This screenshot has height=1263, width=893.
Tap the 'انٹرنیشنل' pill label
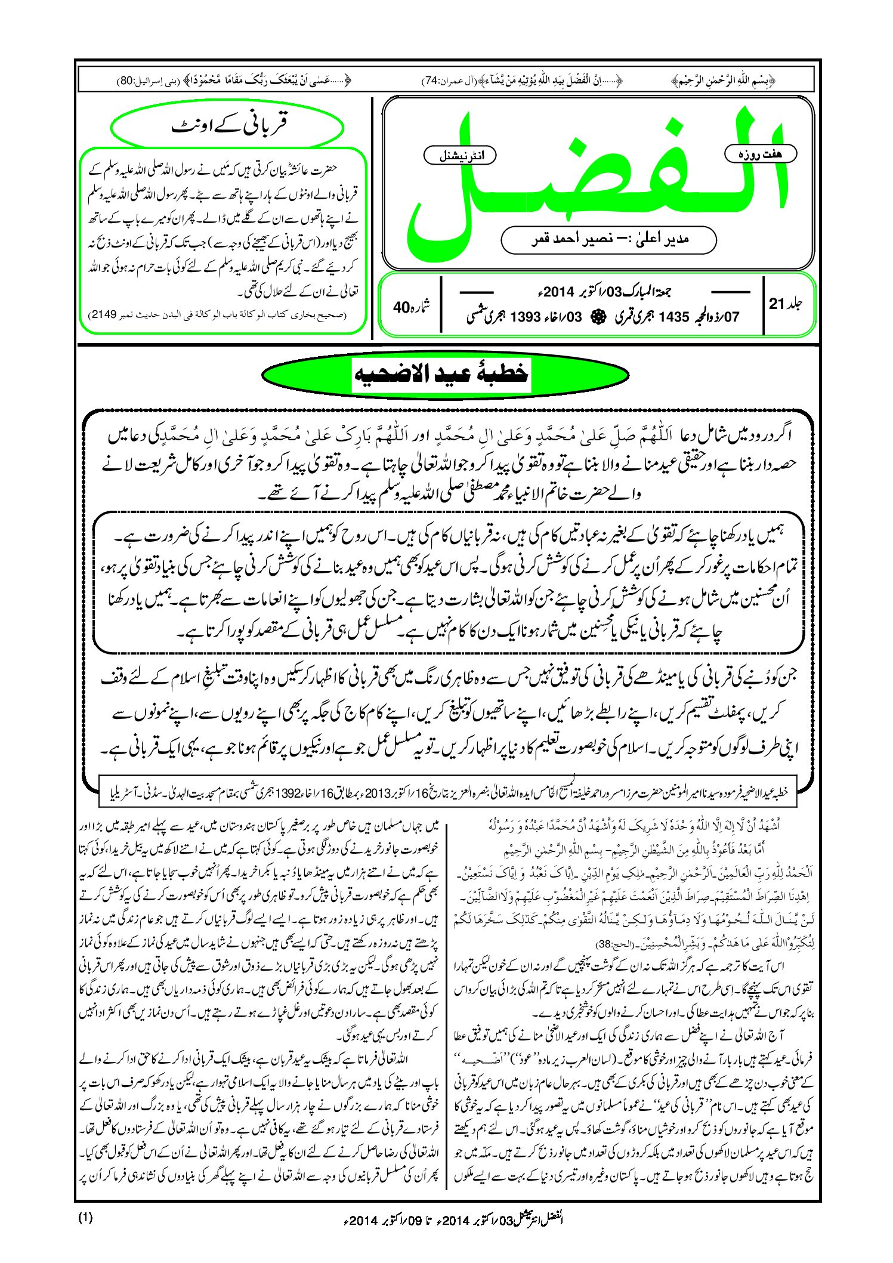click(x=459, y=156)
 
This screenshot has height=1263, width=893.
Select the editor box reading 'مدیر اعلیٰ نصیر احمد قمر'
click(x=608, y=239)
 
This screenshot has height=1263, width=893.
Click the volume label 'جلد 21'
click(x=785, y=304)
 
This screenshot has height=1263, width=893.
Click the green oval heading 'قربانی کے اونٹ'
click(x=228, y=126)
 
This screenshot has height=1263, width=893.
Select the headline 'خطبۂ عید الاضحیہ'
click(x=443, y=373)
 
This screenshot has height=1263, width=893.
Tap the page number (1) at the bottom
click(x=85, y=1218)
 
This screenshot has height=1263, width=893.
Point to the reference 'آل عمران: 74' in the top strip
click(x=447, y=80)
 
